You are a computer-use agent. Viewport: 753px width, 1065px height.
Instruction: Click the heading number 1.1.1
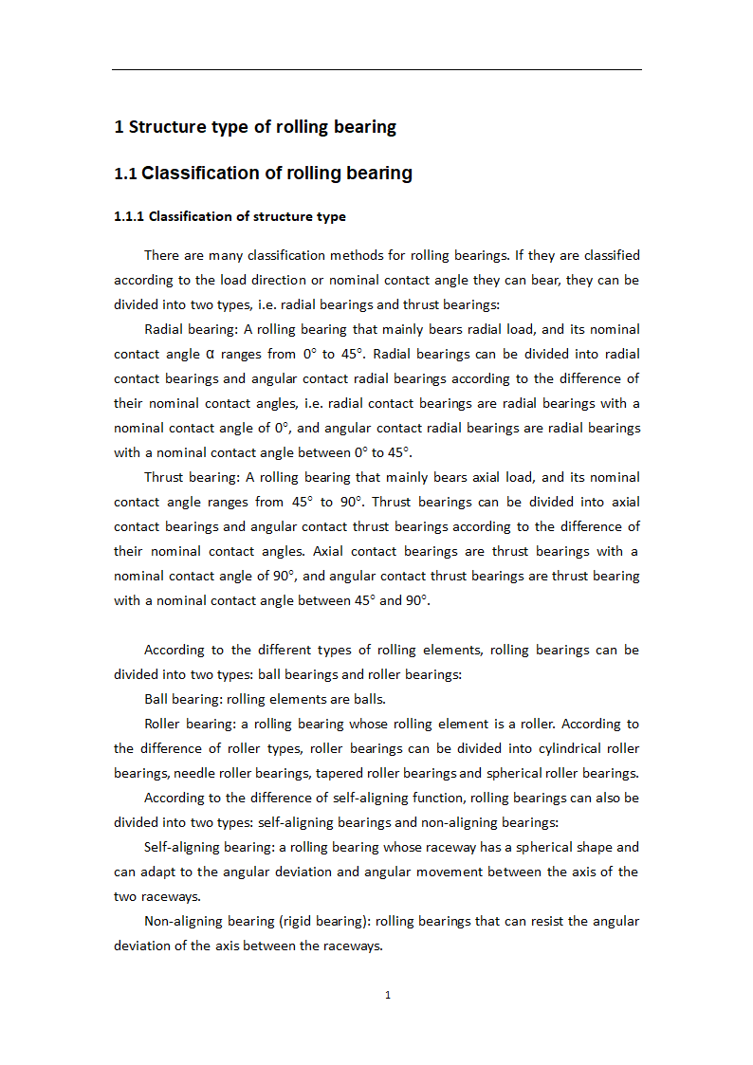point(129,216)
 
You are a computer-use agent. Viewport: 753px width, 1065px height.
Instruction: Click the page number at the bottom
point(387,995)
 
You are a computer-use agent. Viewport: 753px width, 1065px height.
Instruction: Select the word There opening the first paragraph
point(163,255)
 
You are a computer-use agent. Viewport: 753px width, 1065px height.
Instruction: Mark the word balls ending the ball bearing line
point(369,699)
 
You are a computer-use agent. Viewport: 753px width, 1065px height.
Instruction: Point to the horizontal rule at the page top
point(376,69)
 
